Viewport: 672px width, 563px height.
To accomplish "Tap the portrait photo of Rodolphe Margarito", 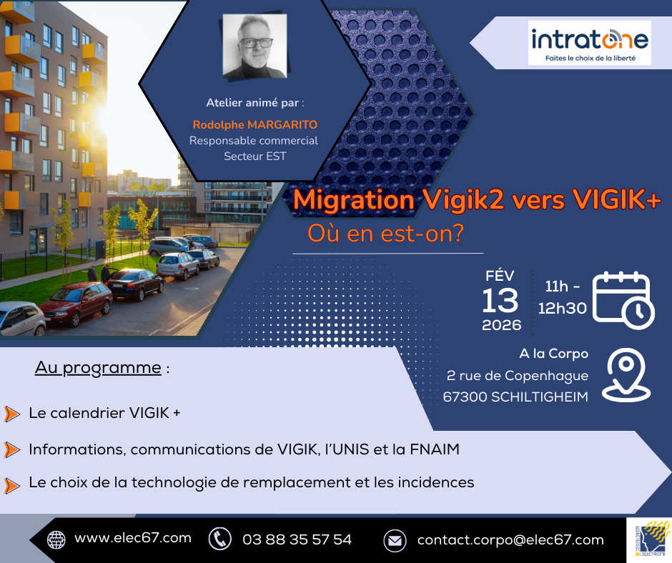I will [255, 46].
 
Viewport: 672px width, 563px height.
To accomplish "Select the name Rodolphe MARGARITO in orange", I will [255, 125].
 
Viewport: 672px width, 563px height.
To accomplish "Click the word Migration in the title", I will [353, 201].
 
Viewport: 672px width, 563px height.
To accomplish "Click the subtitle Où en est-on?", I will [385, 234].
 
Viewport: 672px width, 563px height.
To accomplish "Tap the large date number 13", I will [499, 301].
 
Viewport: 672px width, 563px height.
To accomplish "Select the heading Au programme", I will [99, 368].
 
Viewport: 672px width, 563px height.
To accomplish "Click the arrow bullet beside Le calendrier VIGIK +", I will [11, 414].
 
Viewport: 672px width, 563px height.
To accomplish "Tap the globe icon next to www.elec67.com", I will [56, 539].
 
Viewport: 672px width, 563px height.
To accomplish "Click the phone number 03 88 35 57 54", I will [297, 539].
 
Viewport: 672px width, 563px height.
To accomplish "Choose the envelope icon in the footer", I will [395, 540].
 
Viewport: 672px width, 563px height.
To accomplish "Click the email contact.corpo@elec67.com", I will [510, 539].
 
